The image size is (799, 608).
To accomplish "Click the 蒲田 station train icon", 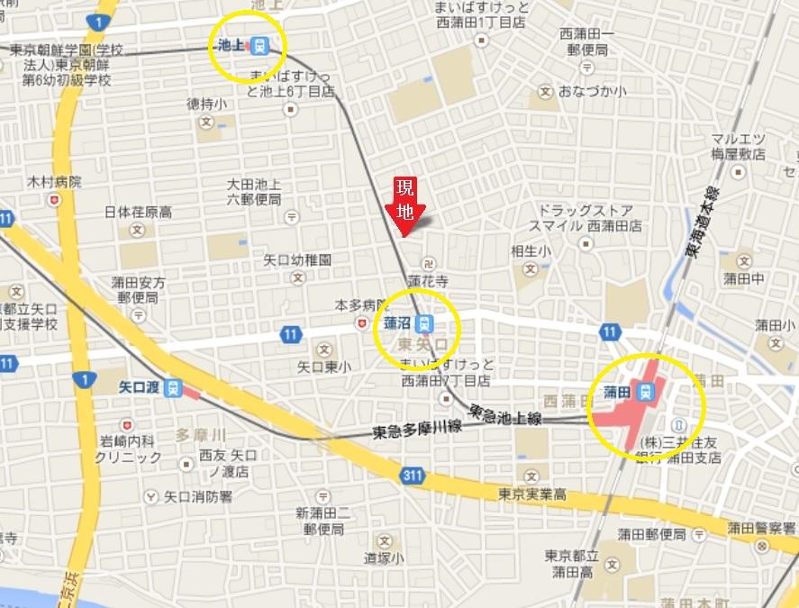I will coord(644,392).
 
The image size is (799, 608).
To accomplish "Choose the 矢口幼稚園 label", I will coord(297,259).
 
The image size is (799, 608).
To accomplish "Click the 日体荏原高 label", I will coord(138,213).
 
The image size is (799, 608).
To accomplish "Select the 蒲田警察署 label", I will coord(763,528).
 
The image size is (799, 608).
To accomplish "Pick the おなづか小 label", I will coord(592,91).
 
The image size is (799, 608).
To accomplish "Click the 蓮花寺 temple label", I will coord(428,282).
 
